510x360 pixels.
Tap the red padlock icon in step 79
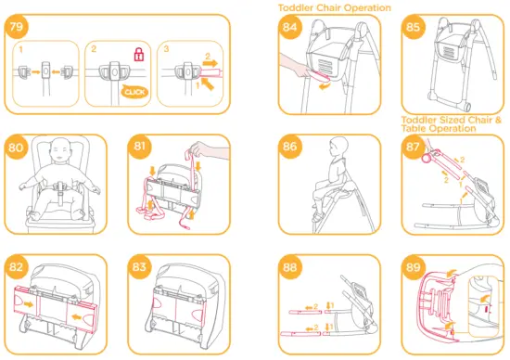point(138,56)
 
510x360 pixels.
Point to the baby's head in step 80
point(61,151)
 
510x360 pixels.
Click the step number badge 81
point(142,149)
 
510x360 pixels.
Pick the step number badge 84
point(292,29)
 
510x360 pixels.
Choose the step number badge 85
point(414,29)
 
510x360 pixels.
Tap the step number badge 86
point(292,148)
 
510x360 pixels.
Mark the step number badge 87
point(414,149)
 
